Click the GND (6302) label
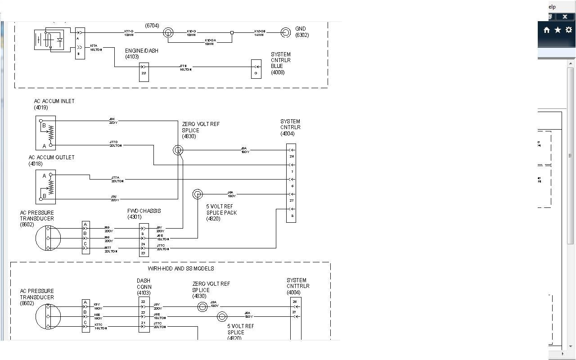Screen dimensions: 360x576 [x=302, y=32]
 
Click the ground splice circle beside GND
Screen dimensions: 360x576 [x=286, y=32]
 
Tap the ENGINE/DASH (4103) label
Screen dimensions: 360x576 [x=141, y=54]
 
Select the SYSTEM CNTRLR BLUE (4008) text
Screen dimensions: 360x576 [x=280, y=63]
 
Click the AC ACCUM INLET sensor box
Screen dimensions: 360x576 [x=46, y=133]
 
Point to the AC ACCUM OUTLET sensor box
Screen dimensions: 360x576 [x=46, y=187]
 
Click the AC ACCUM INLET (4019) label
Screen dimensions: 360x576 [x=54, y=104]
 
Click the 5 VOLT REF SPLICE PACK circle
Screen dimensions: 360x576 [x=198, y=194]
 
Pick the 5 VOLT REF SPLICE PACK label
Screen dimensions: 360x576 [x=221, y=213]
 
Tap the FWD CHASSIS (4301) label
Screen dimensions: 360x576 [x=144, y=214]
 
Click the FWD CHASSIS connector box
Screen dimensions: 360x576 [x=144, y=240]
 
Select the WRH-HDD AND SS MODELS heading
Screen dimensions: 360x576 [x=181, y=269]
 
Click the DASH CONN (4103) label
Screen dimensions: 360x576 [x=144, y=287]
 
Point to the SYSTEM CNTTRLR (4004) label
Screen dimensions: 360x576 [x=298, y=286]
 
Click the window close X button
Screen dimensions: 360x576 [x=565, y=17]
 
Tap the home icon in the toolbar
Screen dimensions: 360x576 [x=547, y=30]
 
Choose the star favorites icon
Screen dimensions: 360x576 [x=558, y=30]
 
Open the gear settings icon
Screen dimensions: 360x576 [x=569, y=30]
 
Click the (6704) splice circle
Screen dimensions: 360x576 [x=168, y=32]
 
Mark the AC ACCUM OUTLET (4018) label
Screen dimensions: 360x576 [x=51, y=161]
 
